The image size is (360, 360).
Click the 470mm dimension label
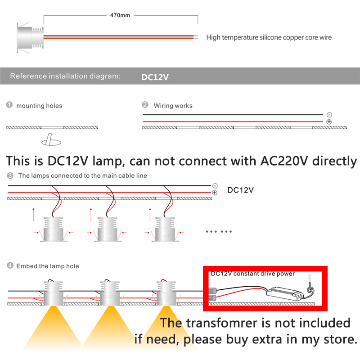pyautogui.click(x=120, y=15)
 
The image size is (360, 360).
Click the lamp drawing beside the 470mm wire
pyautogui.click(x=30, y=38)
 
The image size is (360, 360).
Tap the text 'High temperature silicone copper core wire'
pyautogui.click(x=269, y=37)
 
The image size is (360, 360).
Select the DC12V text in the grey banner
pyautogui.click(x=155, y=77)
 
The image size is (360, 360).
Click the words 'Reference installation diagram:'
pyautogui.click(x=65, y=76)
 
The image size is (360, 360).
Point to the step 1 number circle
pyautogui.click(x=9, y=105)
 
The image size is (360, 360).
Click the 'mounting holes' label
pyautogui.click(x=39, y=106)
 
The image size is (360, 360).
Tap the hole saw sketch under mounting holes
pyautogui.click(x=51, y=139)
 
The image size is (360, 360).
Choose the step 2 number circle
pyautogui.click(x=145, y=105)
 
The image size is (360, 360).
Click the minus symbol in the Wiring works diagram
pyautogui.click(x=329, y=115)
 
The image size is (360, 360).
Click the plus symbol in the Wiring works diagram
pyautogui.click(x=329, y=121)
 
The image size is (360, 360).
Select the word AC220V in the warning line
pyautogui.click(x=284, y=161)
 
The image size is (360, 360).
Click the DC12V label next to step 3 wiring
pyautogui.click(x=240, y=190)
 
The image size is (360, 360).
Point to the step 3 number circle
pyautogui.click(x=10, y=175)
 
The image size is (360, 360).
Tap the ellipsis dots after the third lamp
pyautogui.click(x=219, y=231)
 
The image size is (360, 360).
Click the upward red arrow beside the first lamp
pyautogui.click(x=33, y=215)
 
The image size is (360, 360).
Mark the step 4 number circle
pyautogui.click(x=10, y=265)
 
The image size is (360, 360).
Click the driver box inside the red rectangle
pyautogui.click(x=285, y=294)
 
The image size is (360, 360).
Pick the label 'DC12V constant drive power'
pyautogui.click(x=252, y=274)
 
